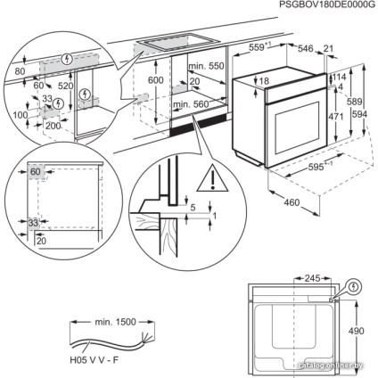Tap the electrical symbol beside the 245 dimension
[x=354, y=287]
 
